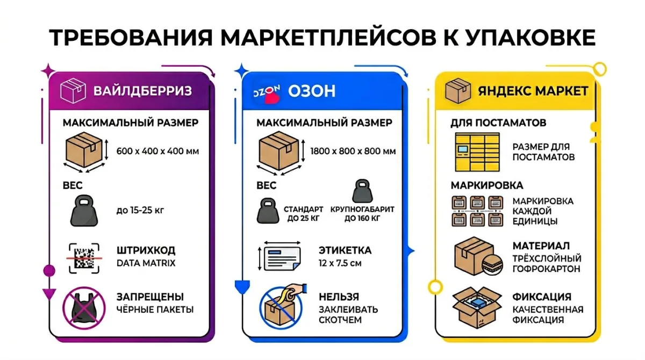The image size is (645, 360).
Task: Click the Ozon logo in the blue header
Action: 267,92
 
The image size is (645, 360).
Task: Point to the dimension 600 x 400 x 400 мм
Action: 157,152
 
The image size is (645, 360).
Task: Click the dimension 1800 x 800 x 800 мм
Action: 353,152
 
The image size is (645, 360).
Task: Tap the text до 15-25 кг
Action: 140,210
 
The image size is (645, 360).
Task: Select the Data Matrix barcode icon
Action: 84,257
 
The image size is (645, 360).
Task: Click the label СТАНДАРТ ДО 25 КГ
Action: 304,213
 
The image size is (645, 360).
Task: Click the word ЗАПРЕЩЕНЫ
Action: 150,297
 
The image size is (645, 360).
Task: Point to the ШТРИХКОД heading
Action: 146,251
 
